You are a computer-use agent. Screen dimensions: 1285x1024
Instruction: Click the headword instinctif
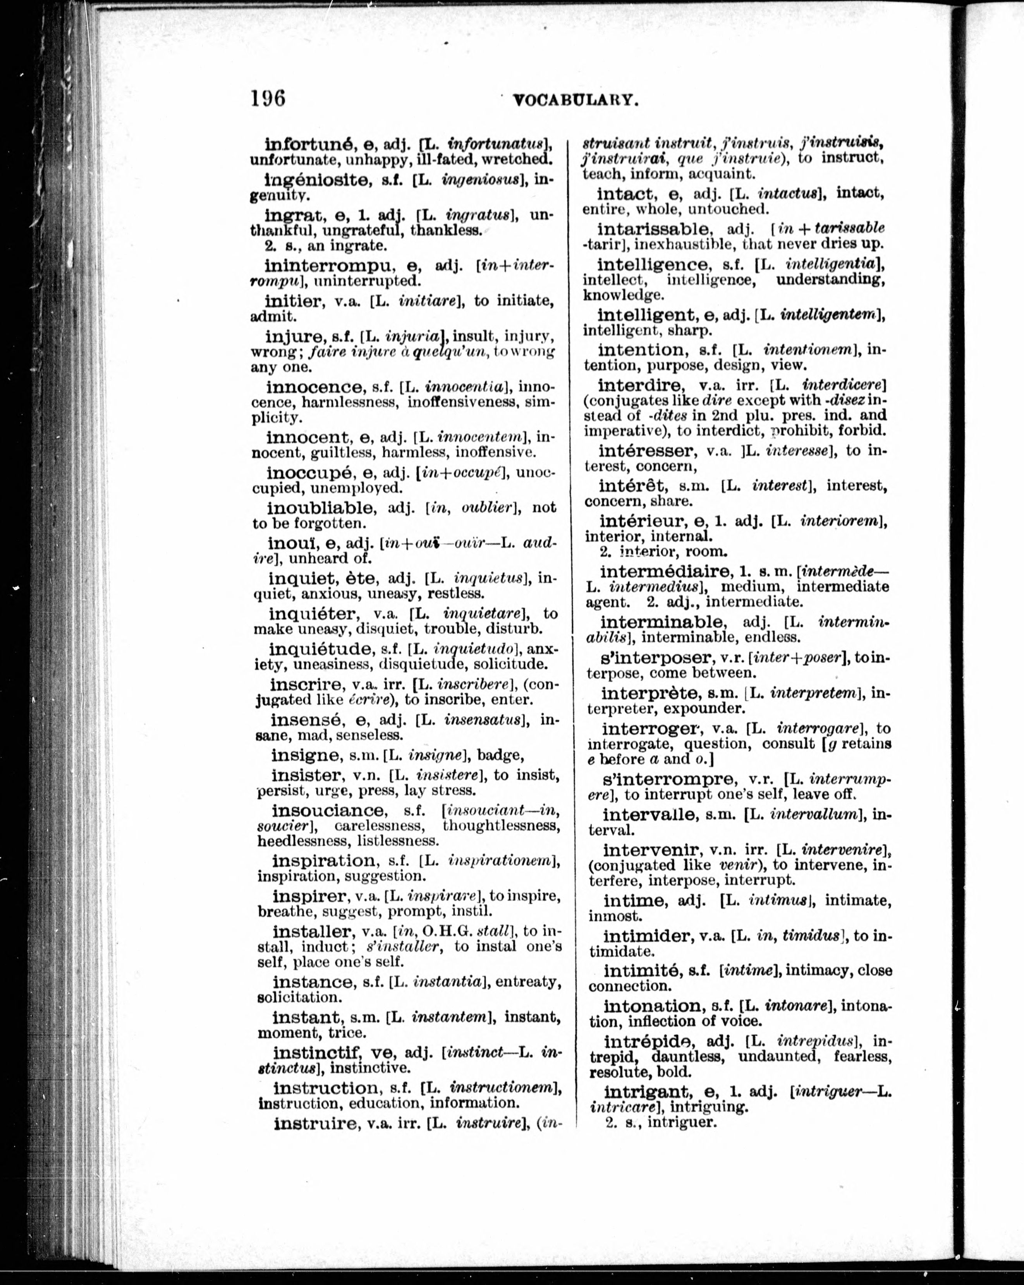pos(319,1052)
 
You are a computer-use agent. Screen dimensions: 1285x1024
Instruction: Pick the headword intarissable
pos(654,229)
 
